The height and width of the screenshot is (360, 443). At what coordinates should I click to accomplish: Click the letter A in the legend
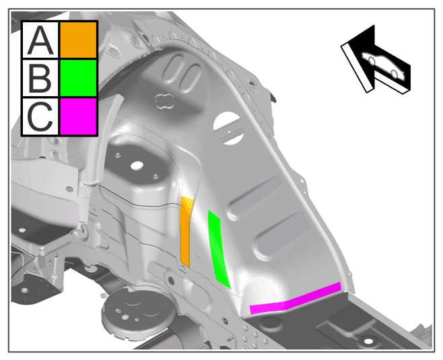point(40,40)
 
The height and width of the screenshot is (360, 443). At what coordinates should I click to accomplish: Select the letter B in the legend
point(40,78)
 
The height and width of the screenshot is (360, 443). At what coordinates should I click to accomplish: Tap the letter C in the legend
point(40,116)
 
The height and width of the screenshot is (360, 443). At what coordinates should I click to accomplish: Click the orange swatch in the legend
point(78,40)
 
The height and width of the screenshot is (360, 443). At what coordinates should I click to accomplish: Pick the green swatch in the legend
point(78,78)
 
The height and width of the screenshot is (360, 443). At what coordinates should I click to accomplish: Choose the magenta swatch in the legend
point(78,116)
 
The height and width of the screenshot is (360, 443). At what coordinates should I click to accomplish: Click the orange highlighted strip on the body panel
point(185,231)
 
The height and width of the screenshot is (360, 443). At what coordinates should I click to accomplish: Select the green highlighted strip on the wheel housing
point(217,248)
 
